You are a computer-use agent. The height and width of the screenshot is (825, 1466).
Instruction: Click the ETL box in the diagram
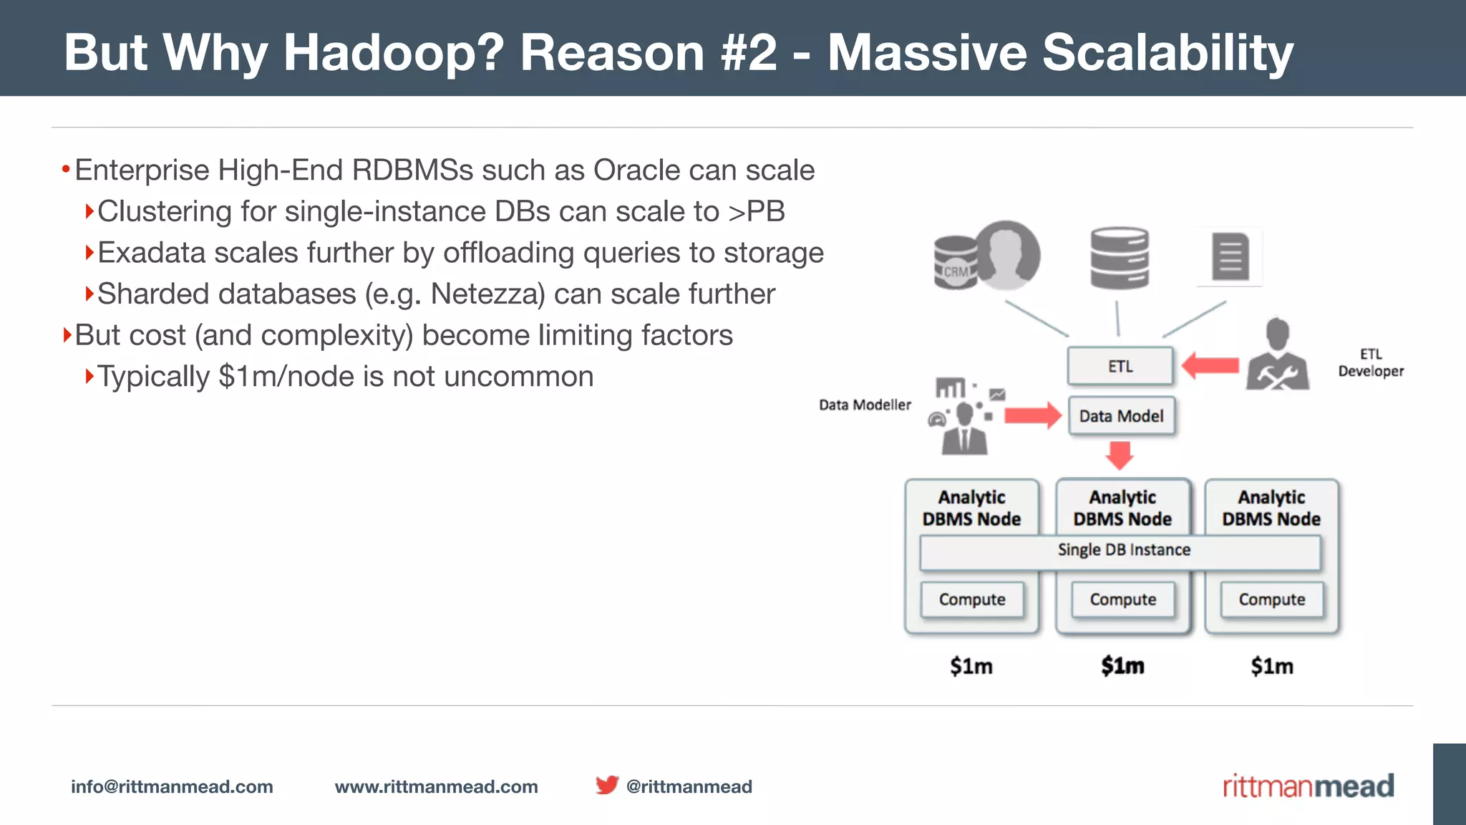(x=1120, y=366)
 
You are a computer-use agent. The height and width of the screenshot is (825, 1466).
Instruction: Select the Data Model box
(x=1121, y=416)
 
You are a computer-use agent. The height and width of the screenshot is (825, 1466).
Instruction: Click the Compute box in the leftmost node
(x=971, y=599)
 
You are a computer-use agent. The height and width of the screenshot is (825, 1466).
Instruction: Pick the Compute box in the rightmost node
(x=1271, y=599)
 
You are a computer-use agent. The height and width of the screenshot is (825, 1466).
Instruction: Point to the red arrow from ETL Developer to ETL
(x=1210, y=366)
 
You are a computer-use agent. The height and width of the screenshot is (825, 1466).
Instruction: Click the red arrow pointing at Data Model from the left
(x=1031, y=415)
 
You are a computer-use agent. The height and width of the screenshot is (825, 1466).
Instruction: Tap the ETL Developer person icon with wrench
(x=1277, y=356)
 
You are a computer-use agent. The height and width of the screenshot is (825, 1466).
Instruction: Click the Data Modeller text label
(x=865, y=405)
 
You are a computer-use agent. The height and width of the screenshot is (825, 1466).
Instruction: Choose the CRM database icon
(x=956, y=263)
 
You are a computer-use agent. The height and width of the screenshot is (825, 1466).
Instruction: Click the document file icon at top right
(x=1230, y=256)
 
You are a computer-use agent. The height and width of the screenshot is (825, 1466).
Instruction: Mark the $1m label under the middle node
(x=1122, y=666)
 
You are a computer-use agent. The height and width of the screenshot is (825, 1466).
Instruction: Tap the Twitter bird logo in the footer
(x=607, y=785)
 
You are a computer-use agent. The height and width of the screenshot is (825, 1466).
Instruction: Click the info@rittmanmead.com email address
(x=172, y=786)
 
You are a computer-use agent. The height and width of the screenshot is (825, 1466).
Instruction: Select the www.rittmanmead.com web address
(x=436, y=786)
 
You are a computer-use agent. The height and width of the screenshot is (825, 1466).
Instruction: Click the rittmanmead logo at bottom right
(x=1308, y=786)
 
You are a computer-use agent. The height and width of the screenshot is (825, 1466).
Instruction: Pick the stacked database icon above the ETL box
(x=1119, y=259)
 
